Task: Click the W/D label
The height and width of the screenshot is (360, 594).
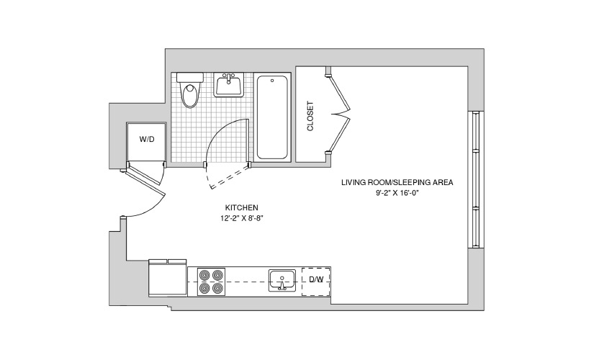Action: (147, 140)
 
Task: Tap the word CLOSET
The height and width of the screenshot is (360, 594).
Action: (310, 116)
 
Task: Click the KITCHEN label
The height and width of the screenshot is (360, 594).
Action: (242, 207)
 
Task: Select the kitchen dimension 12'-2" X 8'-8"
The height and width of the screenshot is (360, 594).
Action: (242, 218)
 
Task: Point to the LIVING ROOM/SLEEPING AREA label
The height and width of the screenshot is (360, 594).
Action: (397, 182)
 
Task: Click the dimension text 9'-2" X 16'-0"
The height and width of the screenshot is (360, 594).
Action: (397, 193)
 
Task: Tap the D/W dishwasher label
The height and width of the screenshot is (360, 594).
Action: (316, 279)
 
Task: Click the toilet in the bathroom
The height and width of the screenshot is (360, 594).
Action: (190, 90)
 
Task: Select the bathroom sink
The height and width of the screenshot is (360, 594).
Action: (229, 85)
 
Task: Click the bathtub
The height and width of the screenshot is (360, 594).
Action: (272, 117)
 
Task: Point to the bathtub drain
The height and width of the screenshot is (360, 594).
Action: (272, 81)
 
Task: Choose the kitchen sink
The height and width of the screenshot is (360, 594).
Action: (282, 280)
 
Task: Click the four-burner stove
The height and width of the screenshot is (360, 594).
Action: (212, 282)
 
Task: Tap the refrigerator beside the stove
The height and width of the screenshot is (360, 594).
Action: (168, 278)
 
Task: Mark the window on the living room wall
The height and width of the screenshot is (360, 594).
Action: (476, 179)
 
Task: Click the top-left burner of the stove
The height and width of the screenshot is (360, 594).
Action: (204, 275)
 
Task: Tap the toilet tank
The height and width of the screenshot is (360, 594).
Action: (190, 77)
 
